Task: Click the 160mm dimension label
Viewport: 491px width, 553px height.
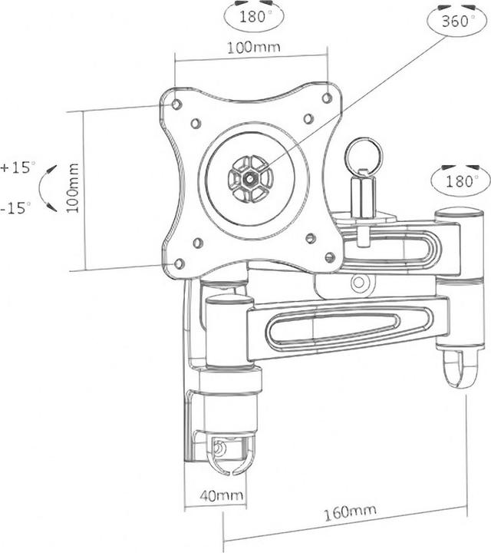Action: click(344, 511)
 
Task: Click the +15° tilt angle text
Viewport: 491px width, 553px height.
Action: click(18, 166)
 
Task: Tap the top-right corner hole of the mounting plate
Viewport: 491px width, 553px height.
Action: click(327, 98)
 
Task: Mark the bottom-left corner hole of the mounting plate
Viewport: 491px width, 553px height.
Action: click(179, 263)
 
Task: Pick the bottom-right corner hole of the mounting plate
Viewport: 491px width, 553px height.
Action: click(330, 257)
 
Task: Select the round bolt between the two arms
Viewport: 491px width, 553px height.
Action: click(358, 283)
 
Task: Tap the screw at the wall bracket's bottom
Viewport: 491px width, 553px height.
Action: click(221, 448)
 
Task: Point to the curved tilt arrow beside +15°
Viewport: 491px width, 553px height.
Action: click(50, 187)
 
